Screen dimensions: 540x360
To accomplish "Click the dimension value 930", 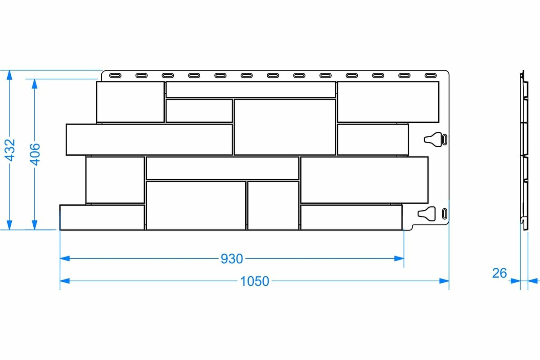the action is point(232,259).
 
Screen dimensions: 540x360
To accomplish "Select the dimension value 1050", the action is point(254,281).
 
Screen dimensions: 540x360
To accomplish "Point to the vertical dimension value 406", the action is point(35,153).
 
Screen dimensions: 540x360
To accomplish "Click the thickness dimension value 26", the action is point(499,273).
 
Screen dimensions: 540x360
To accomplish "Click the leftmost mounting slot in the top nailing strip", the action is point(115,75).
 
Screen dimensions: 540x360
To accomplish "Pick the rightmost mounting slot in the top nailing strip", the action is point(431,75).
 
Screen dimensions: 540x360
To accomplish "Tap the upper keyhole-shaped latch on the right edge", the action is point(433,139).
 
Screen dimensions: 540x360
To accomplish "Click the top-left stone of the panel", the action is point(130,101).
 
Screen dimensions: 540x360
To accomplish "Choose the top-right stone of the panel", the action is point(387,101).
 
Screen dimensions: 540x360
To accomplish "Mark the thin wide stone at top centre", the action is point(250,89).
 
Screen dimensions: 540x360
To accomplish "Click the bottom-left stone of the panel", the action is point(102,217).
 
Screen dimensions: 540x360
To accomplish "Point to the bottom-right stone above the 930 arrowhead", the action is point(351,217).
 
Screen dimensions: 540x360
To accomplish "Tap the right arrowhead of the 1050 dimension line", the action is point(445,281).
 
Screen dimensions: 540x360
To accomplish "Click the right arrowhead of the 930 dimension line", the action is point(399,258).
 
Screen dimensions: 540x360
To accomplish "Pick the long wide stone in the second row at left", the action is point(149,139).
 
